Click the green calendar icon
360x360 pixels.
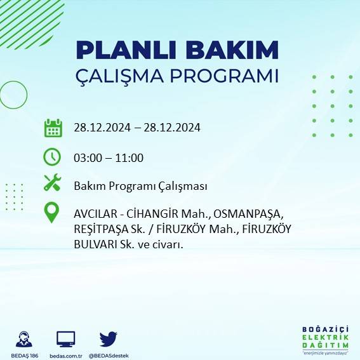pyautogui.click(x=53, y=128)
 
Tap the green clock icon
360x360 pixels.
pyautogui.click(x=52, y=156)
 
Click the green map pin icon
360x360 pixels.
pyautogui.click(x=52, y=213)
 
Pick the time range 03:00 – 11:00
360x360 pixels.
pyautogui.click(x=109, y=158)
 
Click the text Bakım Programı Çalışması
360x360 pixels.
pyautogui.click(x=140, y=186)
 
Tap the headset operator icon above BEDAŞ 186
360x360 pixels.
pyautogui.click(x=24, y=338)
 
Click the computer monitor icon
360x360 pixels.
pyautogui.click(x=66, y=338)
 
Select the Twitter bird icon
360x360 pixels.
pyautogui.click(x=109, y=338)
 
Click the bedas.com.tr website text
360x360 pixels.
pyautogui.click(x=66, y=356)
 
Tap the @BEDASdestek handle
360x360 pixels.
pyautogui.click(x=109, y=356)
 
